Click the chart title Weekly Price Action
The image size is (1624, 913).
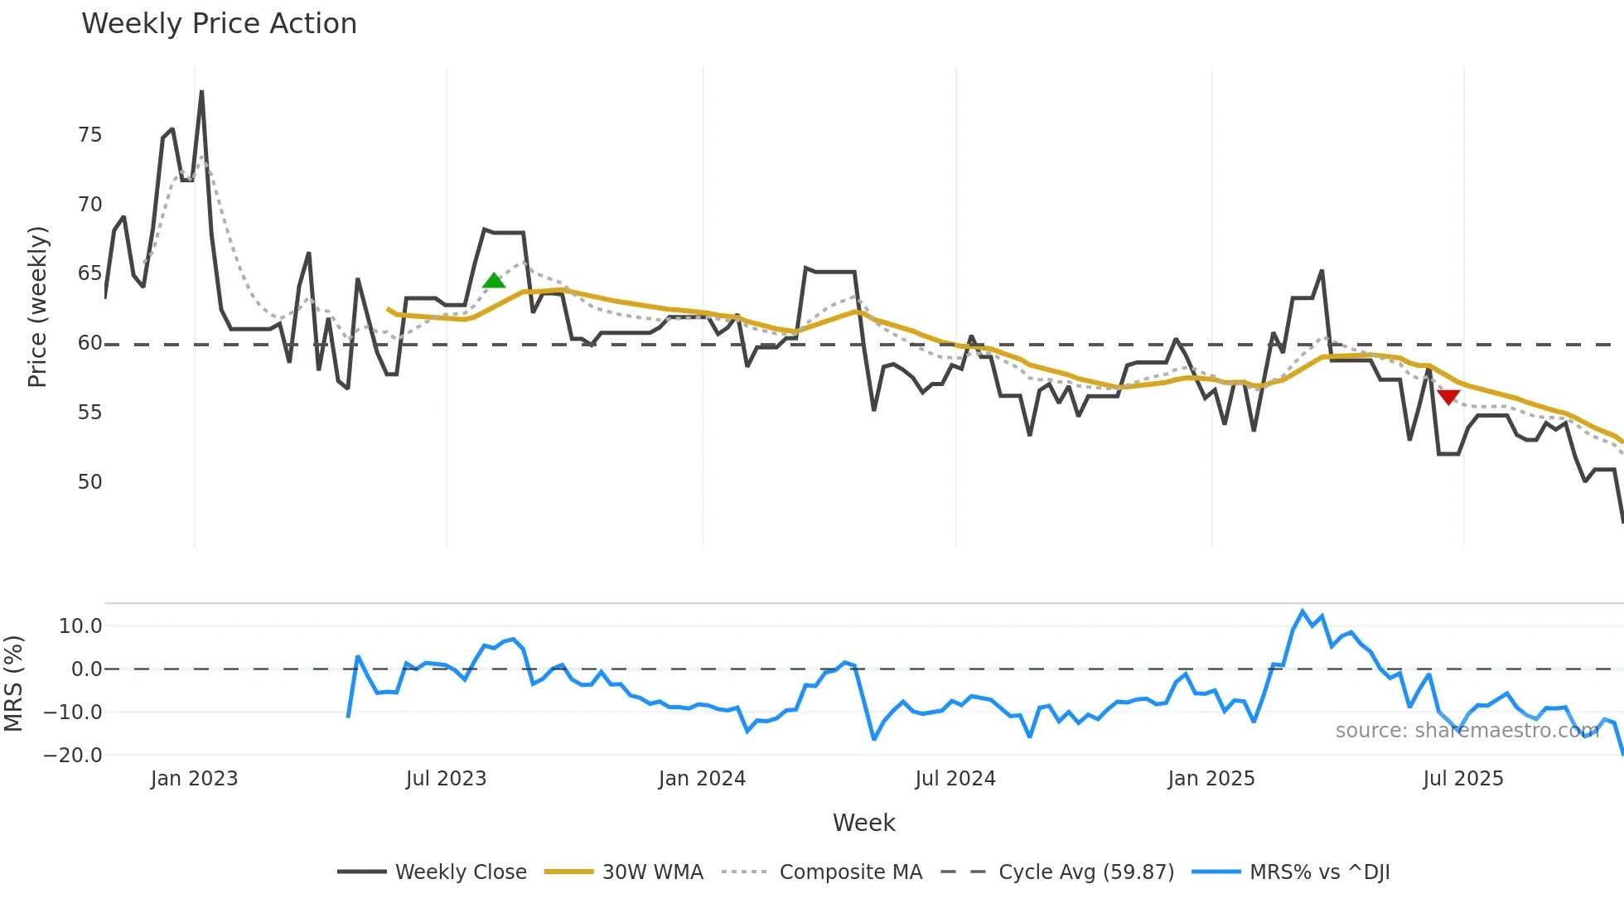(219, 24)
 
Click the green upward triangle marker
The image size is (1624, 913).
(494, 281)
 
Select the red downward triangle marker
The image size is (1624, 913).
(1448, 398)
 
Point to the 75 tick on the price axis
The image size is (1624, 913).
(89, 135)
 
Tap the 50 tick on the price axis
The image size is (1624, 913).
(89, 482)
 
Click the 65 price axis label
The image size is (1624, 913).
(89, 273)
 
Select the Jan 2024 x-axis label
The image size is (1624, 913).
(702, 779)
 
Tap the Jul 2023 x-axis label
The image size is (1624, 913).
(446, 779)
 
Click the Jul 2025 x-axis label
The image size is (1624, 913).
(1462, 779)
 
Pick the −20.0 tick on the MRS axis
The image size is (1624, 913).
(73, 756)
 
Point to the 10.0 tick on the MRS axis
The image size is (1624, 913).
(80, 626)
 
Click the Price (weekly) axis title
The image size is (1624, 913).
(37, 307)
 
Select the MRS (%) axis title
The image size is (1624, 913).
(13, 684)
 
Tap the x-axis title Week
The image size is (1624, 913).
(863, 823)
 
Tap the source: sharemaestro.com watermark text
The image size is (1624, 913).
(1467, 731)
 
